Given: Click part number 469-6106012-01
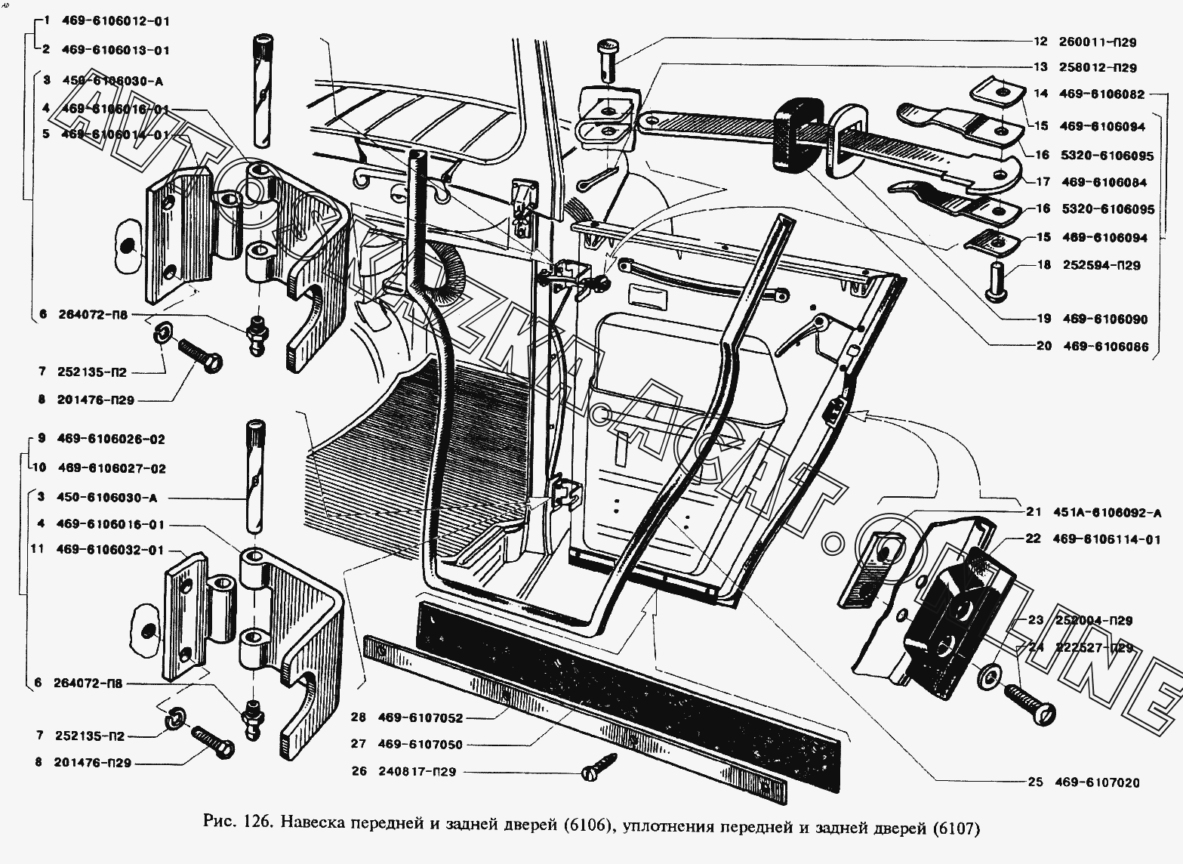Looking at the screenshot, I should [117, 21].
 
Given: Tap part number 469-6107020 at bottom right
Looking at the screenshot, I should [1102, 782].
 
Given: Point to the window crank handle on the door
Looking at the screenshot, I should [803, 335].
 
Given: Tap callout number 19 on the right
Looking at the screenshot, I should [1043, 319].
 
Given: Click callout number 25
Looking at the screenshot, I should [1036, 782].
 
